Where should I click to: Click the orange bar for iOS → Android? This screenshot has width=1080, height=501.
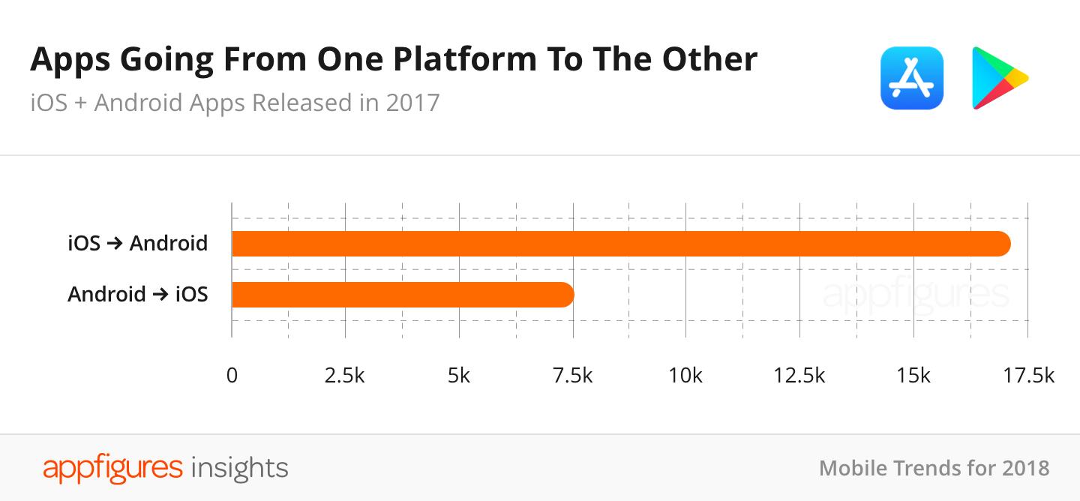click(x=621, y=244)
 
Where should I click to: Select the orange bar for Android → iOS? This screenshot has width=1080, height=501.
click(x=403, y=295)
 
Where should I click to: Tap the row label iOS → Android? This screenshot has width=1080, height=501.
click(x=137, y=244)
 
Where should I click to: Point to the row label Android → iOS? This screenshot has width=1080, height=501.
click(x=137, y=294)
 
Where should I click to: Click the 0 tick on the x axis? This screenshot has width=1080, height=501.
click(x=232, y=375)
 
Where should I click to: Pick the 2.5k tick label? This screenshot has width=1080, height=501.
click(x=344, y=375)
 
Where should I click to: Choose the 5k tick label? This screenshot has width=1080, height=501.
click(x=458, y=375)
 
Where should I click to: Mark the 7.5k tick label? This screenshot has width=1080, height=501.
click(x=572, y=375)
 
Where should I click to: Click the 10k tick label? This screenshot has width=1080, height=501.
click(x=685, y=375)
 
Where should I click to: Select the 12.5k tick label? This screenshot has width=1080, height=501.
click(x=799, y=375)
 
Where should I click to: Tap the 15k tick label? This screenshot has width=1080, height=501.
click(x=913, y=375)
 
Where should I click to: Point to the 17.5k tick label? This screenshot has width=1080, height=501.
click(x=1028, y=375)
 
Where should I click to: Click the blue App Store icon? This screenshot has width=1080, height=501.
click(x=911, y=78)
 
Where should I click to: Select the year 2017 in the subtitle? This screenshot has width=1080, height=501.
click(x=412, y=102)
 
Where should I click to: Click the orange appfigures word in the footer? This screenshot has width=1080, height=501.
click(x=112, y=467)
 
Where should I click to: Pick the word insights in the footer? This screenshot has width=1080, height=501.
click(x=240, y=467)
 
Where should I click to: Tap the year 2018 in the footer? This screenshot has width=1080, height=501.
click(x=1025, y=468)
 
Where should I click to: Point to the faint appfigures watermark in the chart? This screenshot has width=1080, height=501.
click(x=915, y=295)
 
